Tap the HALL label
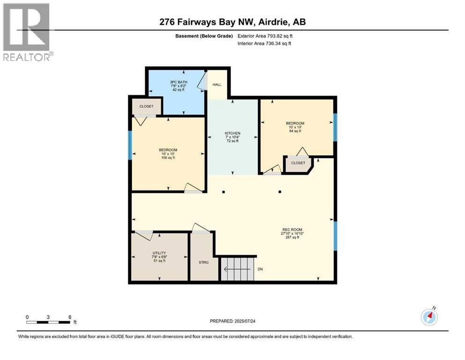click(217, 85)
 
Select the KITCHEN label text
click(232, 137)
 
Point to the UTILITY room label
click(159, 256)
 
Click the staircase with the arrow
click(238, 269)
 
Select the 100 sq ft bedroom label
click(168, 154)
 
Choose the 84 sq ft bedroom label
click(295, 127)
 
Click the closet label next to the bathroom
click(146, 106)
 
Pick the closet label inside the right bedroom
click(298, 163)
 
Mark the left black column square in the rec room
click(224, 192)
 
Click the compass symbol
click(429, 317)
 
